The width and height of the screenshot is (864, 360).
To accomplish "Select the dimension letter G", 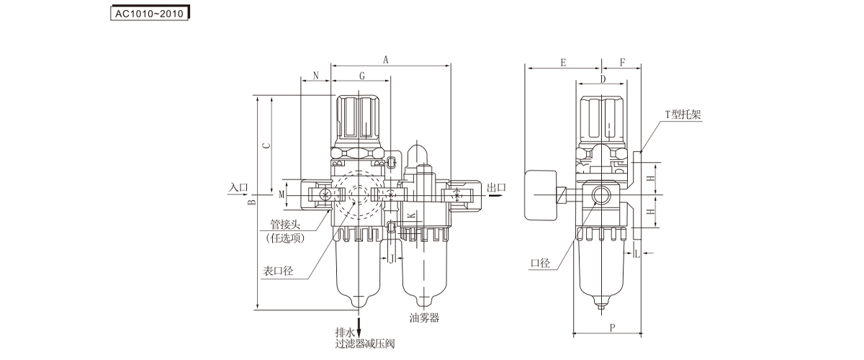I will [362, 75].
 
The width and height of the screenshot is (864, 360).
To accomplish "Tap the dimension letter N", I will [315, 75].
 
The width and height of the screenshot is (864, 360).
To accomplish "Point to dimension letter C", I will [266, 145].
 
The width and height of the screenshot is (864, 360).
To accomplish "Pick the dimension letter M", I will [282, 194].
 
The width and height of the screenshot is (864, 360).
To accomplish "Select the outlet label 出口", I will [497, 188].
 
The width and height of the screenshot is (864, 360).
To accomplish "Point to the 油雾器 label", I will [424, 318].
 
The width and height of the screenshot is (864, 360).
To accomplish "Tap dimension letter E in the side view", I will [563, 63].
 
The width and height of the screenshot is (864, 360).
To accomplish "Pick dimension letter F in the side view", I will [622, 63].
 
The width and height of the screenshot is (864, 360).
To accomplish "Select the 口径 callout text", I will [540, 264].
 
